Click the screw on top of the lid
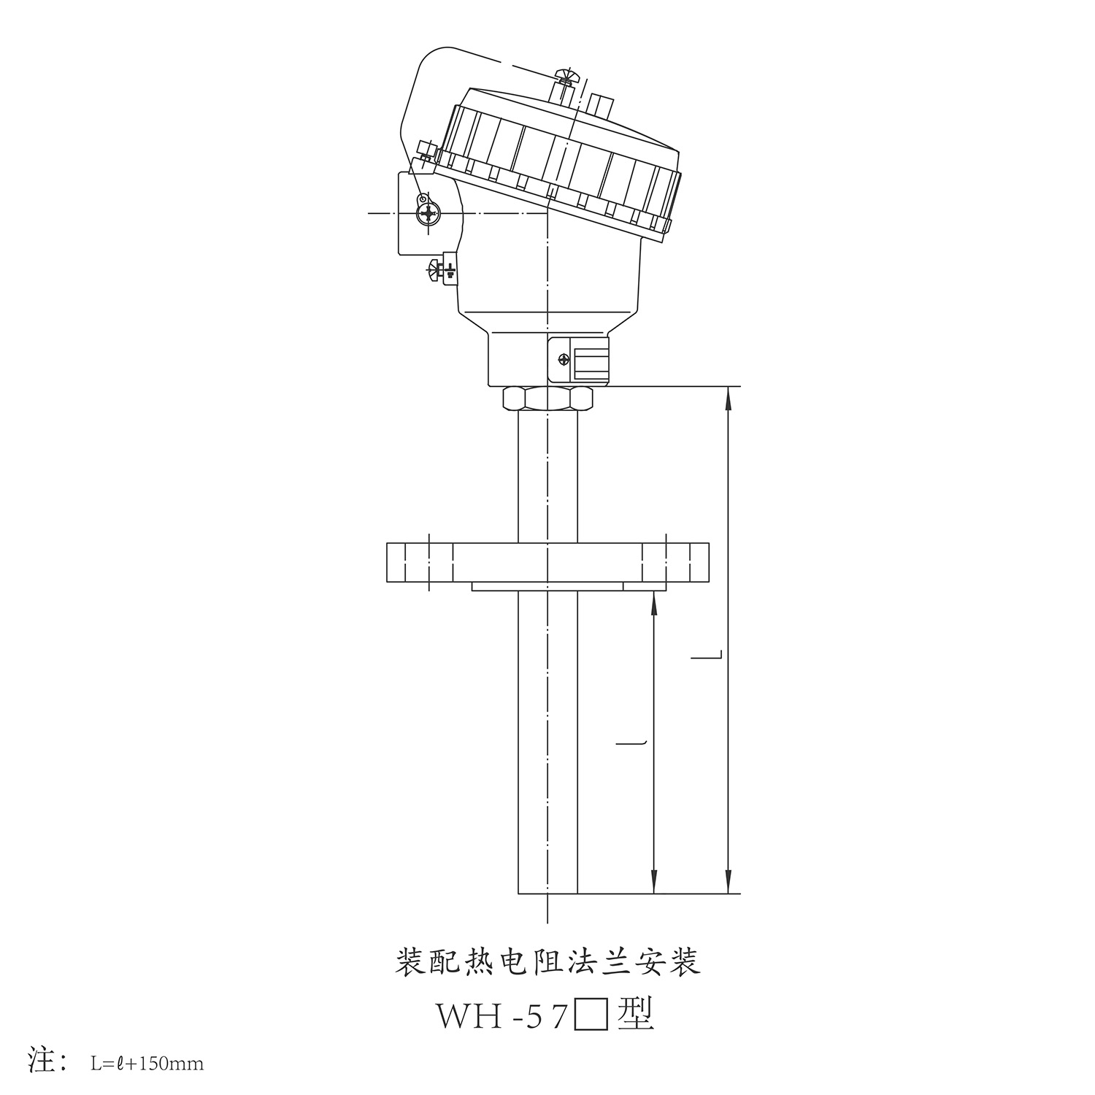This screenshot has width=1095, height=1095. [x=565, y=75]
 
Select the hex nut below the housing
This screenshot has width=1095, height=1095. [x=547, y=399]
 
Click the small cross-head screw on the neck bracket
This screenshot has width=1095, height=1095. [x=563, y=359]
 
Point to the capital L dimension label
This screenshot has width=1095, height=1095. [x=707, y=656]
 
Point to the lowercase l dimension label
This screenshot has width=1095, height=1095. [x=632, y=743]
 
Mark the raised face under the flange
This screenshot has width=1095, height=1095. [x=547, y=586]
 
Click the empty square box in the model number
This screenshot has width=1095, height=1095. [x=591, y=1015]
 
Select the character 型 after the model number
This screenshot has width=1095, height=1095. [x=635, y=1015]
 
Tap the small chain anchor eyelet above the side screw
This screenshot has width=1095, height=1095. [x=422, y=199]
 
